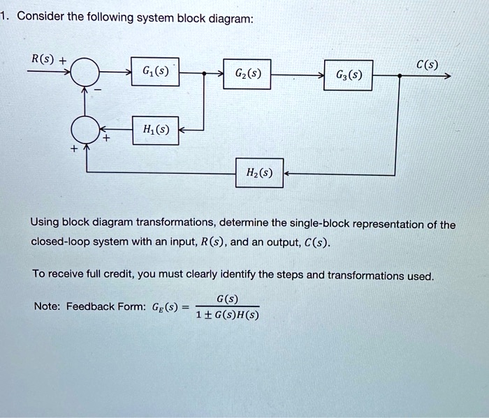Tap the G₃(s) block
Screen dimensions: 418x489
tap(349, 75)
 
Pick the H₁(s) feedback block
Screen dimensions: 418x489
tap(156, 130)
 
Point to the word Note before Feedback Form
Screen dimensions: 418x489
tap(47, 306)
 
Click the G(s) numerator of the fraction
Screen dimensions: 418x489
tap(227, 299)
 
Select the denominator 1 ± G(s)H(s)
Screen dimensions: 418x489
tap(227, 315)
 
